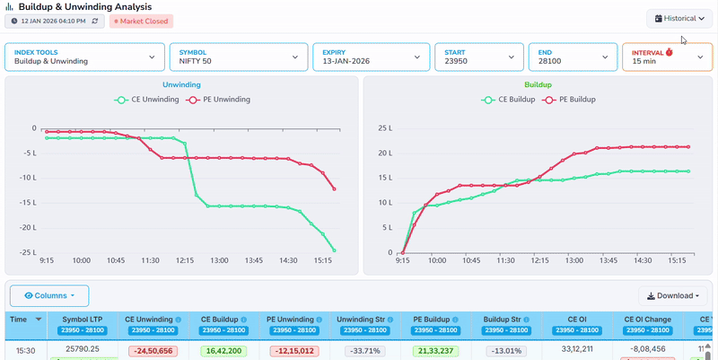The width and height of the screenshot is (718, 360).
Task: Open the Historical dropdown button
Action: coord(679,18)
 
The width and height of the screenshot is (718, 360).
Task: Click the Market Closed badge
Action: coord(141,21)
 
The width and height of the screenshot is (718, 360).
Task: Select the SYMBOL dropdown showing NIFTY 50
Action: coord(237,57)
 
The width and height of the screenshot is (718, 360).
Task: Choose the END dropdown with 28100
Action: coord(573,57)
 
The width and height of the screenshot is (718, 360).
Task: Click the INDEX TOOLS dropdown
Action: coord(84,57)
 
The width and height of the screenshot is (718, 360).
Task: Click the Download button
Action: coord(672,295)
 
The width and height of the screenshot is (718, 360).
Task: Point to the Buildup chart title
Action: coord(538,84)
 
